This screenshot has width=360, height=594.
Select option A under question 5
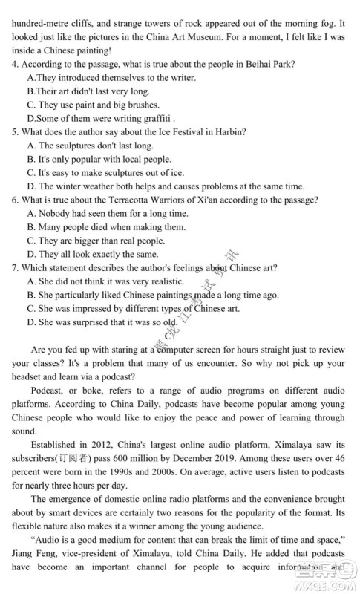click(x=30, y=145)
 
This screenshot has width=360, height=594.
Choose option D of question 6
click(x=30, y=254)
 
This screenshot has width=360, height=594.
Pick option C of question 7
click(x=30, y=308)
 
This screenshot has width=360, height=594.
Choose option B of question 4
click(x=30, y=91)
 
